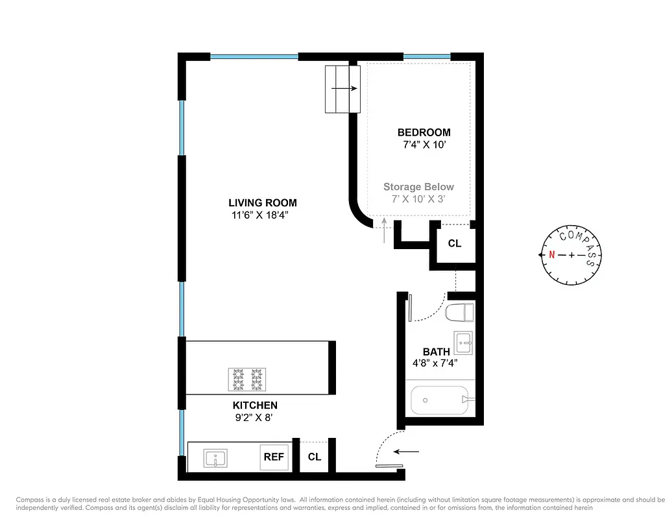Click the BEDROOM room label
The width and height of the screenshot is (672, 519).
point(424,132)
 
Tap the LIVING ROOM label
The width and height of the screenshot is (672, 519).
point(263,202)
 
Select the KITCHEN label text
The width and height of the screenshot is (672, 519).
point(255,405)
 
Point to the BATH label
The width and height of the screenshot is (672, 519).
point(436,352)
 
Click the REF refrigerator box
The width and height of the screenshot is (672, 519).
point(274,457)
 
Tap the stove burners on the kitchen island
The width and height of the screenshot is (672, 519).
point(246,380)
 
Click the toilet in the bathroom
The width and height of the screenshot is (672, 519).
point(460,313)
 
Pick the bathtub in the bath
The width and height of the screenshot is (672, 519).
point(440,400)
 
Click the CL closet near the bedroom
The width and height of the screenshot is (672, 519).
point(454,243)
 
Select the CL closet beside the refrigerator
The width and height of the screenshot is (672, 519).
point(315,457)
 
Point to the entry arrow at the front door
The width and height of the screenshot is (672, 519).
point(407,451)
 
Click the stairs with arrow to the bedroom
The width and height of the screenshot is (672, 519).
point(342,89)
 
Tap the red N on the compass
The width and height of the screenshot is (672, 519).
point(552,255)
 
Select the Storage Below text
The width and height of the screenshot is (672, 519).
point(418,187)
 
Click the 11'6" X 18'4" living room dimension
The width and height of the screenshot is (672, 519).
point(263,215)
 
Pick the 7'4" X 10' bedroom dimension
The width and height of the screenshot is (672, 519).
point(424,145)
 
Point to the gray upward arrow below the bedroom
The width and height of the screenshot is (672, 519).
point(385,230)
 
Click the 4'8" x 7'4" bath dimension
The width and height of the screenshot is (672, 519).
point(436,363)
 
